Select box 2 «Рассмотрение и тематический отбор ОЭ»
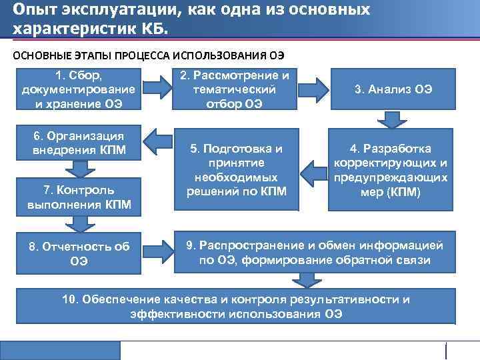[234, 88]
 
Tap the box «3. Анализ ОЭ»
[393, 88]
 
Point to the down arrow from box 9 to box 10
[306, 279]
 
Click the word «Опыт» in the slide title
[33, 10]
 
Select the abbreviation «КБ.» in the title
[153, 30]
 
